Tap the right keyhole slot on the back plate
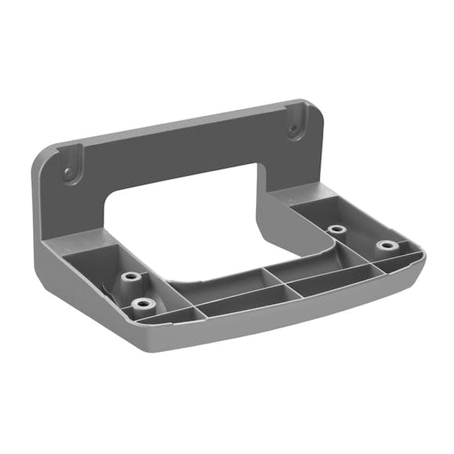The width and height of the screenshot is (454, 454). [x=294, y=128]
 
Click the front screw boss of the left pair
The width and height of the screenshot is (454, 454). [x=144, y=304]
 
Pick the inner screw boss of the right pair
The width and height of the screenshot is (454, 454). [x=336, y=229]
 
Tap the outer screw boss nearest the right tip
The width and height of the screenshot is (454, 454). [x=386, y=246]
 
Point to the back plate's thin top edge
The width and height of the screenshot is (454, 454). [x=176, y=121]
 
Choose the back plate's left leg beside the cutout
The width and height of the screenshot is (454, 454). [x=77, y=208]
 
